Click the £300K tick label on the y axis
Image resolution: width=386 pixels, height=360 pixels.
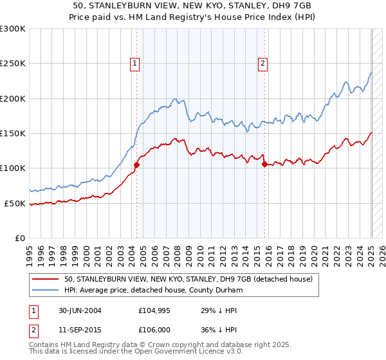click(13, 29)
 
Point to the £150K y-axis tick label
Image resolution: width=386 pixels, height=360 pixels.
click(13, 134)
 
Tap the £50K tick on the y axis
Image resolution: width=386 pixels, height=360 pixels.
click(15, 203)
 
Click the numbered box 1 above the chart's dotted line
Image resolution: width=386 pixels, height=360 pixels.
click(135, 63)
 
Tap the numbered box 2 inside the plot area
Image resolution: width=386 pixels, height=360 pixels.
click(264, 63)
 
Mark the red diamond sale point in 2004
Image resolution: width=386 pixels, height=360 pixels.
click(136, 165)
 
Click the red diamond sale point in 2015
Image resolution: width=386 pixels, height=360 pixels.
click(264, 164)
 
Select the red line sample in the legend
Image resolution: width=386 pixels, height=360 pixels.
click(46, 279)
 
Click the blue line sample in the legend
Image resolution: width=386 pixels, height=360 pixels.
click(46, 290)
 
